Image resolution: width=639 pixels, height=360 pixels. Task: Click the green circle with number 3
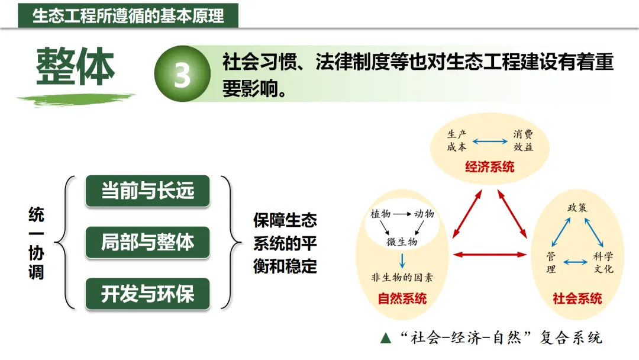coord(182,74)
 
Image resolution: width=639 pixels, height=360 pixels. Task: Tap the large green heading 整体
coord(75,66)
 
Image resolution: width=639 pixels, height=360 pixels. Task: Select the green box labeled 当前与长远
coord(147,191)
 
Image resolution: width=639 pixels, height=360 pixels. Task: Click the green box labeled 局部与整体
coord(147,242)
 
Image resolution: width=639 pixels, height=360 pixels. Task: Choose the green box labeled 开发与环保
coord(147,294)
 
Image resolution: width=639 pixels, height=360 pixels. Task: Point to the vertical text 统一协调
coord(36,243)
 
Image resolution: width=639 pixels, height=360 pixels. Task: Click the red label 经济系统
coord(489,166)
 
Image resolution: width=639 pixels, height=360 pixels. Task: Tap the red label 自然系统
coord(402,298)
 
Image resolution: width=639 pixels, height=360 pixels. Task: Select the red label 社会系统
coord(577,298)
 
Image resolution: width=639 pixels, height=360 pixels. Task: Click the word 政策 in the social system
coord(577,208)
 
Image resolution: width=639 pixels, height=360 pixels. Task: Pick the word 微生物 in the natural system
coord(402,242)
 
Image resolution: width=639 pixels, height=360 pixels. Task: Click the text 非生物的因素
coord(402,277)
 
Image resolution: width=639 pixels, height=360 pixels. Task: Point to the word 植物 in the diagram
coord(380,214)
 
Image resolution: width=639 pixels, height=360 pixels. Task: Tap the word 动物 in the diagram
coord(424,214)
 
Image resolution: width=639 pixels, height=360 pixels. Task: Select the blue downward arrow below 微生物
coord(402,261)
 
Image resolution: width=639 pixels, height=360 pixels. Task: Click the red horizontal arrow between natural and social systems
coord(489,255)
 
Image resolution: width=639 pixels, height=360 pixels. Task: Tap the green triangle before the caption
coord(386,338)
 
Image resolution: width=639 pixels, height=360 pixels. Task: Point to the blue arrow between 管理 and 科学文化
coord(576,261)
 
